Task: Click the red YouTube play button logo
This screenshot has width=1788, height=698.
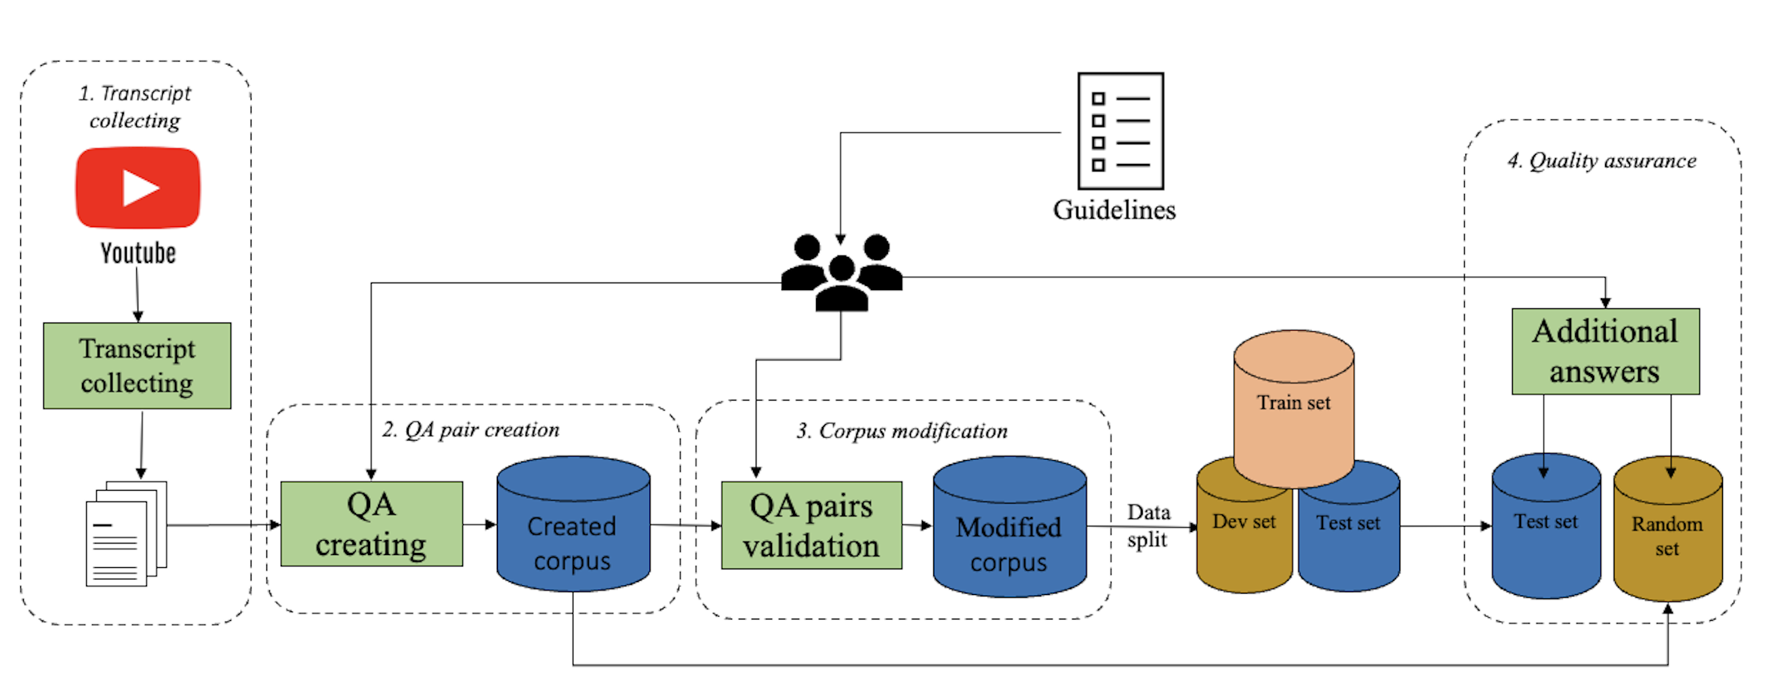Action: [x=138, y=187]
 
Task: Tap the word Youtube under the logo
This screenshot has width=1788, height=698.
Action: [x=138, y=253]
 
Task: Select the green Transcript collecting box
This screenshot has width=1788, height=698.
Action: [x=137, y=366]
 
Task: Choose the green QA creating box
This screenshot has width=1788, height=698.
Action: [x=371, y=524]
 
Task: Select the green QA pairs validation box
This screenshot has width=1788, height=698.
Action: [x=811, y=525]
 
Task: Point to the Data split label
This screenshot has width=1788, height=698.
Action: [x=1148, y=526]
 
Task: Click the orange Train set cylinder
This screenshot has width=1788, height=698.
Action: [x=1293, y=409]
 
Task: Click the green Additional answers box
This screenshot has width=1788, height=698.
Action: [x=1605, y=351]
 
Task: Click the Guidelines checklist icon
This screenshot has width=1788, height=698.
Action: [x=1120, y=131]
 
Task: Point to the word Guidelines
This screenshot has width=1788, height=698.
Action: [x=1114, y=209]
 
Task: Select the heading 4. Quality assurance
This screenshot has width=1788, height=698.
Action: [x=1602, y=161]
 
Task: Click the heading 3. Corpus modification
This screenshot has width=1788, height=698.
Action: [x=901, y=431]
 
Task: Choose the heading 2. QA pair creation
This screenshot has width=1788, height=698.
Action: [x=470, y=430]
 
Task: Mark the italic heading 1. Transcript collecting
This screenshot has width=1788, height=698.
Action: [x=135, y=106]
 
